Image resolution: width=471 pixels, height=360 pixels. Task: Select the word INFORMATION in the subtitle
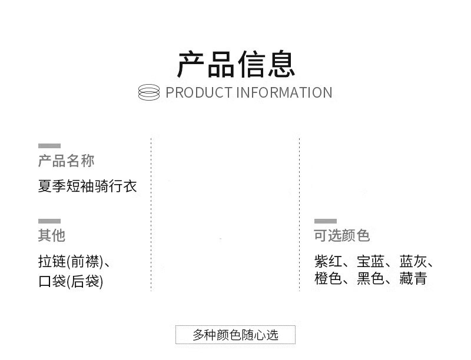point(284,93)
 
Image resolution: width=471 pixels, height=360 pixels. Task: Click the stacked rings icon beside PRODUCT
point(149,92)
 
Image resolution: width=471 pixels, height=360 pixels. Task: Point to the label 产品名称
point(66,161)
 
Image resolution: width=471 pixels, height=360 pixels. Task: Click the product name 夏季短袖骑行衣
point(87,187)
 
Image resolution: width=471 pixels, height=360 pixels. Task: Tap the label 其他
point(52,236)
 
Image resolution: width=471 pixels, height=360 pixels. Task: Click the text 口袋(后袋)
point(71,282)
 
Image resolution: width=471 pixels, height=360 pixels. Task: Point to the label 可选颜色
point(342,236)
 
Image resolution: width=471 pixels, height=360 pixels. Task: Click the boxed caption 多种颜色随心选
point(235,335)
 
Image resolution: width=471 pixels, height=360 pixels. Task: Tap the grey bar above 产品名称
point(49,145)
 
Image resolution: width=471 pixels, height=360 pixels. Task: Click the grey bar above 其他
point(49,221)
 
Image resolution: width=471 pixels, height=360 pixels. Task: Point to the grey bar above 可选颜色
point(326,221)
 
